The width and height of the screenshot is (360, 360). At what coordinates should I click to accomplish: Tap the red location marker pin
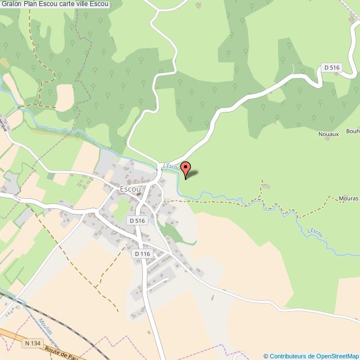(x=187, y=169)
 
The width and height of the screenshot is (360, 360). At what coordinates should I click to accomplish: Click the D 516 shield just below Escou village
(x=137, y=220)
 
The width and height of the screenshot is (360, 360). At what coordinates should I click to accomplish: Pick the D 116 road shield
(x=142, y=254)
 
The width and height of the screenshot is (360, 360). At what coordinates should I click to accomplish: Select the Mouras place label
(x=348, y=198)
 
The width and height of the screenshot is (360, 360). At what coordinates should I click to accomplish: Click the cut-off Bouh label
(x=353, y=131)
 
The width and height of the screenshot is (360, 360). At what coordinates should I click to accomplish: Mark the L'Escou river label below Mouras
(x=314, y=235)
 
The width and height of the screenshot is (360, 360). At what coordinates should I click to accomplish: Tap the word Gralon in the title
(x=12, y=4)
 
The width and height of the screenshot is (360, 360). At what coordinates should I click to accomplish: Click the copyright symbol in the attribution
(x=266, y=356)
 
